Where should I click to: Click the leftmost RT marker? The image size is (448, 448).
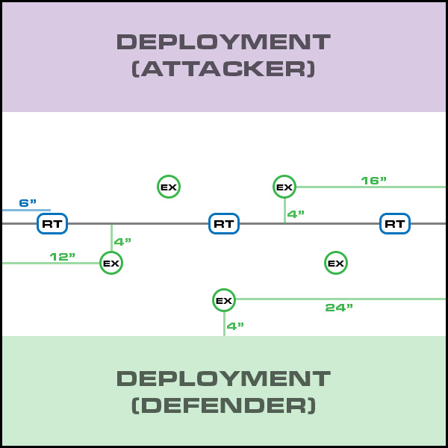click(52, 223)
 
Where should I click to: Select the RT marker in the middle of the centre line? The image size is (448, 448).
click(224, 223)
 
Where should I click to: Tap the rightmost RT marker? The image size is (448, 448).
click(395, 223)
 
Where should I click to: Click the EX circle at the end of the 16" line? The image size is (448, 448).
click(284, 187)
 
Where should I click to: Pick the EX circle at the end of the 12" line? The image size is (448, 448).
click(111, 263)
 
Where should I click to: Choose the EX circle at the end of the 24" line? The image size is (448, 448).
click(224, 300)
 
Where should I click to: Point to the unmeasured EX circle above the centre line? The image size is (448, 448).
click(169, 187)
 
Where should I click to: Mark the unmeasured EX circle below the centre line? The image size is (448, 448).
click(336, 263)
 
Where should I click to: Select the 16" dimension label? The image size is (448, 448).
click(373, 181)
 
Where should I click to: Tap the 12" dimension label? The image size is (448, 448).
click(63, 257)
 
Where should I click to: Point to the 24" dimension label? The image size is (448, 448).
click(339, 308)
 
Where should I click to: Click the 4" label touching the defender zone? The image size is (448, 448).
click(235, 326)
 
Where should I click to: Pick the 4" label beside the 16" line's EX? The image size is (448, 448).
click(296, 214)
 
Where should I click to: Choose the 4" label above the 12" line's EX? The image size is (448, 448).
click(122, 242)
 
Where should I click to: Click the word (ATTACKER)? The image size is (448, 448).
click(223, 69)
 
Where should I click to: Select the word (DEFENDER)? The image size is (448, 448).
click(223, 405)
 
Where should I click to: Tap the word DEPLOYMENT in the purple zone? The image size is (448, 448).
click(223, 41)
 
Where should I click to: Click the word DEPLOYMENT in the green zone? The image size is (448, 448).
click(223, 378)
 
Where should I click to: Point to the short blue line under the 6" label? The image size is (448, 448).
click(26, 211)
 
